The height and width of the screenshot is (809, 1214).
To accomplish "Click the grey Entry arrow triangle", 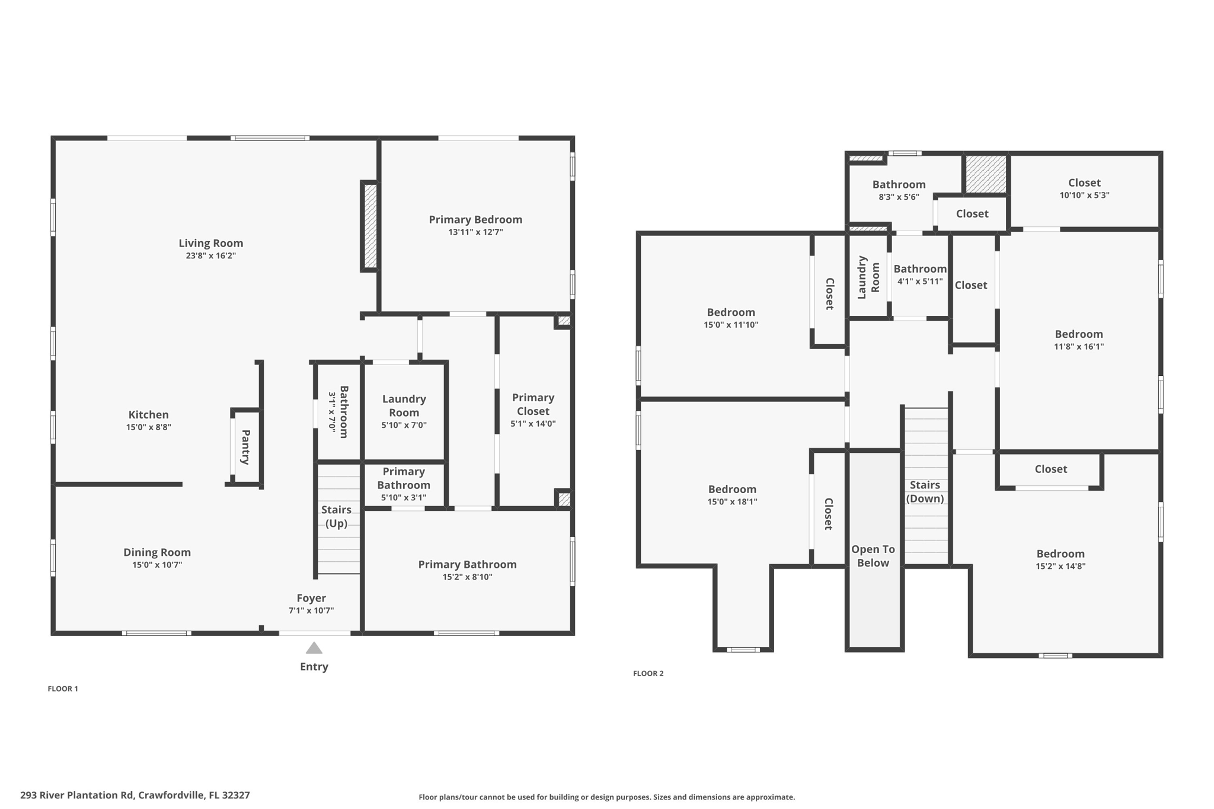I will click(x=314, y=648).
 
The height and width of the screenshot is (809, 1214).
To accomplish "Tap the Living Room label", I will click(x=211, y=243).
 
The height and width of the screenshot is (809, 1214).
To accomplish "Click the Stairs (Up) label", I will click(x=336, y=516).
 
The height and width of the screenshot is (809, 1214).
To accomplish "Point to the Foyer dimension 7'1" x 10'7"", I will click(x=311, y=610).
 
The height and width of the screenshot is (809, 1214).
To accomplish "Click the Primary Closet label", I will click(x=533, y=404).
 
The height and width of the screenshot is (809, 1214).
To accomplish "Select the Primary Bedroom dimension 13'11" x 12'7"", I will click(x=475, y=232).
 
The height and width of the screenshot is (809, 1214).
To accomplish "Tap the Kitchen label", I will click(x=149, y=415).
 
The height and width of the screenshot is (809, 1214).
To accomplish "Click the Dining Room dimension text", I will click(x=157, y=565).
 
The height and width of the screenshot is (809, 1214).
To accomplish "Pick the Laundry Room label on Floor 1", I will click(x=404, y=406).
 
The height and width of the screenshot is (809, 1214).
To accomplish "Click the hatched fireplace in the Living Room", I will click(x=370, y=226).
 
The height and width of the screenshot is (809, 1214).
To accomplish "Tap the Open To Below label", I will click(x=873, y=556).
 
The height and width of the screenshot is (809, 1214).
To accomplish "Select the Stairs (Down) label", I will click(x=925, y=492).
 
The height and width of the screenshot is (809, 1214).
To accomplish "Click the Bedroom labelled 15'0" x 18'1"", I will click(x=732, y=490).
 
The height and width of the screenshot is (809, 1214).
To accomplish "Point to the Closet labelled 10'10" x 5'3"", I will click(x=1084, y=183).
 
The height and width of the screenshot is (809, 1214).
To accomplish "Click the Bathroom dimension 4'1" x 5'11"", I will click(x=920, y=282).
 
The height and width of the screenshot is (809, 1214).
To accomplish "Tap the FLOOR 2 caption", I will click(x=648, y=673).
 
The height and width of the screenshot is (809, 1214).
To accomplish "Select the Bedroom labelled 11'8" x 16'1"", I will click(x=1078, y=334).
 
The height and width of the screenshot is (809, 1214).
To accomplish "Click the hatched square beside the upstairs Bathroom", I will click(x=986, y=174).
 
